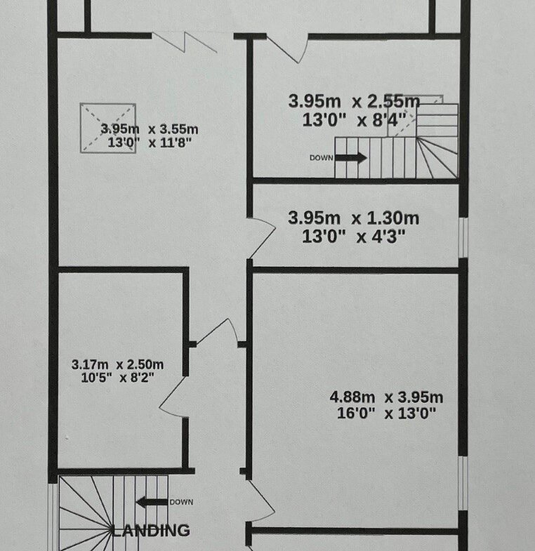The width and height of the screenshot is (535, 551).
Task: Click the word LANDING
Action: pyautogui.click(x=151, y=530)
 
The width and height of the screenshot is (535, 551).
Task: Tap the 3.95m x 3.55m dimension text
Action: pyautogui.click(x=150, y=129)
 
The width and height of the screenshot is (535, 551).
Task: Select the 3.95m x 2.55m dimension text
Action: pyautogui.click(x=354, y=102)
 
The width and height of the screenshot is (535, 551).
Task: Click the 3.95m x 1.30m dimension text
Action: pyautogui.click(x=354, y=218)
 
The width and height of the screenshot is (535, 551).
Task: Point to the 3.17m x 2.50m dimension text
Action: pyautogui.click(x=118, y=364)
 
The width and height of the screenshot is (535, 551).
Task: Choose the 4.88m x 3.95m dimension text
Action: pyautogui.click(x=386, y=397)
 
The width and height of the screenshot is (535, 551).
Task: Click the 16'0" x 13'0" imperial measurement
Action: pyautogui.click(x=386, y=413)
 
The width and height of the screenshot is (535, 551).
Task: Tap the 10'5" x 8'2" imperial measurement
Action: pyautogui.click(x=118, y=378)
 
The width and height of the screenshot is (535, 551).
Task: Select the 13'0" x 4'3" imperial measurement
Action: pyautogui.click(x=354, y=236)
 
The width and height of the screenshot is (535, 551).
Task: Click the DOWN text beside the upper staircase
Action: pyautogui.click(x=322, y=158)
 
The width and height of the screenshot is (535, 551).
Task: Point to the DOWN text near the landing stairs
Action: pyautogui.click(x=181, y=502)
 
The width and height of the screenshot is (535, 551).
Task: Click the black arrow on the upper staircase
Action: pyautogui.click(x=351, y=157)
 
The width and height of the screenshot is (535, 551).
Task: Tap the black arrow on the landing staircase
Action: pyautogui.click(x=152, y=502)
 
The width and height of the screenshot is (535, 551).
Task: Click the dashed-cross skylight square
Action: pyautogui.click(x=108, y=128)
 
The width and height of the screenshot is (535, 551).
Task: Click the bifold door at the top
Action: pyautogui.click(x=185, y=42)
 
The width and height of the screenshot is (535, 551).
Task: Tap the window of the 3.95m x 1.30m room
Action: pyautogui.click(x=463, y=238)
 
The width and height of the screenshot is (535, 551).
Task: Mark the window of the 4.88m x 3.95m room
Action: pyautogui.click(x=463, y=484)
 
